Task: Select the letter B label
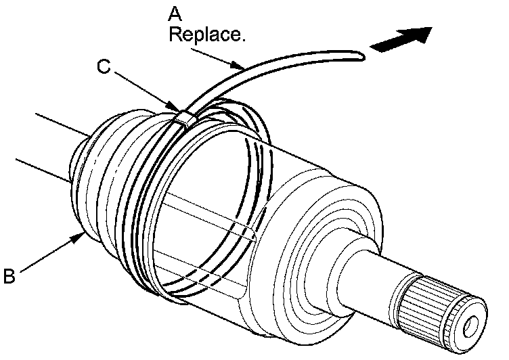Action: (x=9, y=275)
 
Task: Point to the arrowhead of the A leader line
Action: (x=241, y=68)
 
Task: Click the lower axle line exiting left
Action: (x=41, y=171)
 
